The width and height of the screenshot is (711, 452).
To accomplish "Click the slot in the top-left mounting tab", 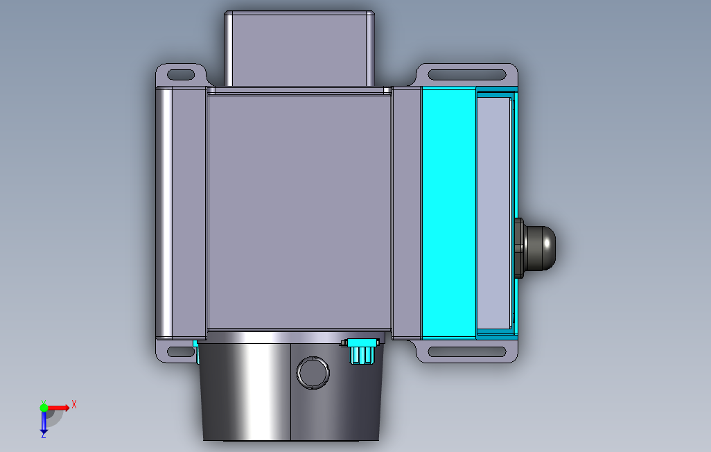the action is tap(181, 75).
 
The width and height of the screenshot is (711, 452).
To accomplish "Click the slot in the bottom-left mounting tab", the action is tap(181, 351).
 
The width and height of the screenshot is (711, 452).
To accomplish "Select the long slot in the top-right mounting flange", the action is tap(466, 75).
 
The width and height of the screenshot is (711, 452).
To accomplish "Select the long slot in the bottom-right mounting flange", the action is tap(466, 351).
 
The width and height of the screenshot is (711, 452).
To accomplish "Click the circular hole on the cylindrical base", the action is tap(313, 373).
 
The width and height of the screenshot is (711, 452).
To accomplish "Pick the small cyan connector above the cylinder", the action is tap(362, 350).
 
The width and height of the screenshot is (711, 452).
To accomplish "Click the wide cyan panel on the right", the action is tap(448, 213).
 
